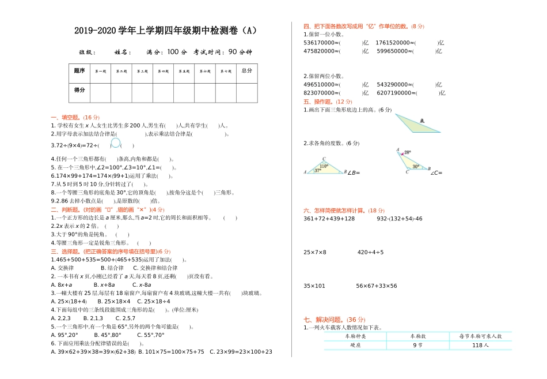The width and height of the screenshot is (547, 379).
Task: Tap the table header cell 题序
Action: (x=79, y=71)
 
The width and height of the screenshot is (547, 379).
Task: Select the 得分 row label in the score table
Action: (x=79, y=91)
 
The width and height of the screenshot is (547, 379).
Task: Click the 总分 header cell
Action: (x=247, y=71)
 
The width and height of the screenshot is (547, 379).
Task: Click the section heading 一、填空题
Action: (x=67, y=117)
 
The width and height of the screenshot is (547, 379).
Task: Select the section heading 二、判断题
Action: (x=67, y=209)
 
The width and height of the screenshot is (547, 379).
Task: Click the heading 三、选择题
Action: (x=67, y=252)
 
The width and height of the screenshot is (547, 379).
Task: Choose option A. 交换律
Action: (x=63, y=268)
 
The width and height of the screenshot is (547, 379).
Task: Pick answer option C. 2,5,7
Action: (x=126, y=318)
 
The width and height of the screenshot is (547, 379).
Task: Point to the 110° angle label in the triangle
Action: (x=324, y=166)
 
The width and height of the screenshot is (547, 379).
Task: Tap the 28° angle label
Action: (x=407, y=153)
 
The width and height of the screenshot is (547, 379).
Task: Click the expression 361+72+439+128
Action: (x=329, y=219)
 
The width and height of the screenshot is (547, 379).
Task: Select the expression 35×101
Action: (x=314, y=286)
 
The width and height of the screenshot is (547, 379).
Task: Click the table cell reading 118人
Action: (x=480, y=345)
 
